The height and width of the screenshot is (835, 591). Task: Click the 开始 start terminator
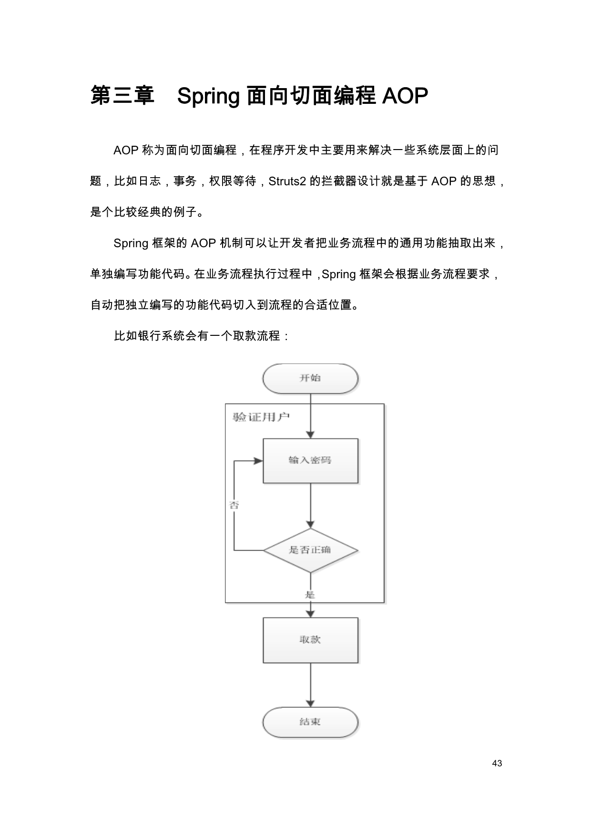(x=310, y=379)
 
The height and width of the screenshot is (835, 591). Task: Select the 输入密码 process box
(x=310, y=461)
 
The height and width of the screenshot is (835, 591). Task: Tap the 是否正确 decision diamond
(x=310, y=550)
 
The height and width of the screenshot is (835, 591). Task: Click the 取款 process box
(x=310, y=640)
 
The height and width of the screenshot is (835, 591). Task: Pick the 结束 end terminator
(x=310, y=722)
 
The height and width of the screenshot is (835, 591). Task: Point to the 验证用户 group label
(x=261, y=417)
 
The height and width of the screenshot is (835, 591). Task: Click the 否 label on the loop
(x=234, y=505)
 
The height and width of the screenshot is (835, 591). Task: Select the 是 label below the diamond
(x=310, y=594)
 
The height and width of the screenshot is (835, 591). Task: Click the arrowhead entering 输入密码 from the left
(x=258, y=461)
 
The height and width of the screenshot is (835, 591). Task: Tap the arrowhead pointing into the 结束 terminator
(x=310, y=704)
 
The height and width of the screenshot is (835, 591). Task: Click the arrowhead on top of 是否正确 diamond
(x=310, y=524)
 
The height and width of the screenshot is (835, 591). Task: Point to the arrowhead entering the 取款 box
(x=310, y=614)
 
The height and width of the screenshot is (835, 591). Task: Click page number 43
(x=497, y=764)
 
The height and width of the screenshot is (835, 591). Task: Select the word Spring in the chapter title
(x=208, y=96)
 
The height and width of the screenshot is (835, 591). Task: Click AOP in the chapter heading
(x=405, y=96)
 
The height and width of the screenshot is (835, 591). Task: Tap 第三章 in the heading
(x=122, y=95)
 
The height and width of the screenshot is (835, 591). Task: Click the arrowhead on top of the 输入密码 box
(x=310, y=435)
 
